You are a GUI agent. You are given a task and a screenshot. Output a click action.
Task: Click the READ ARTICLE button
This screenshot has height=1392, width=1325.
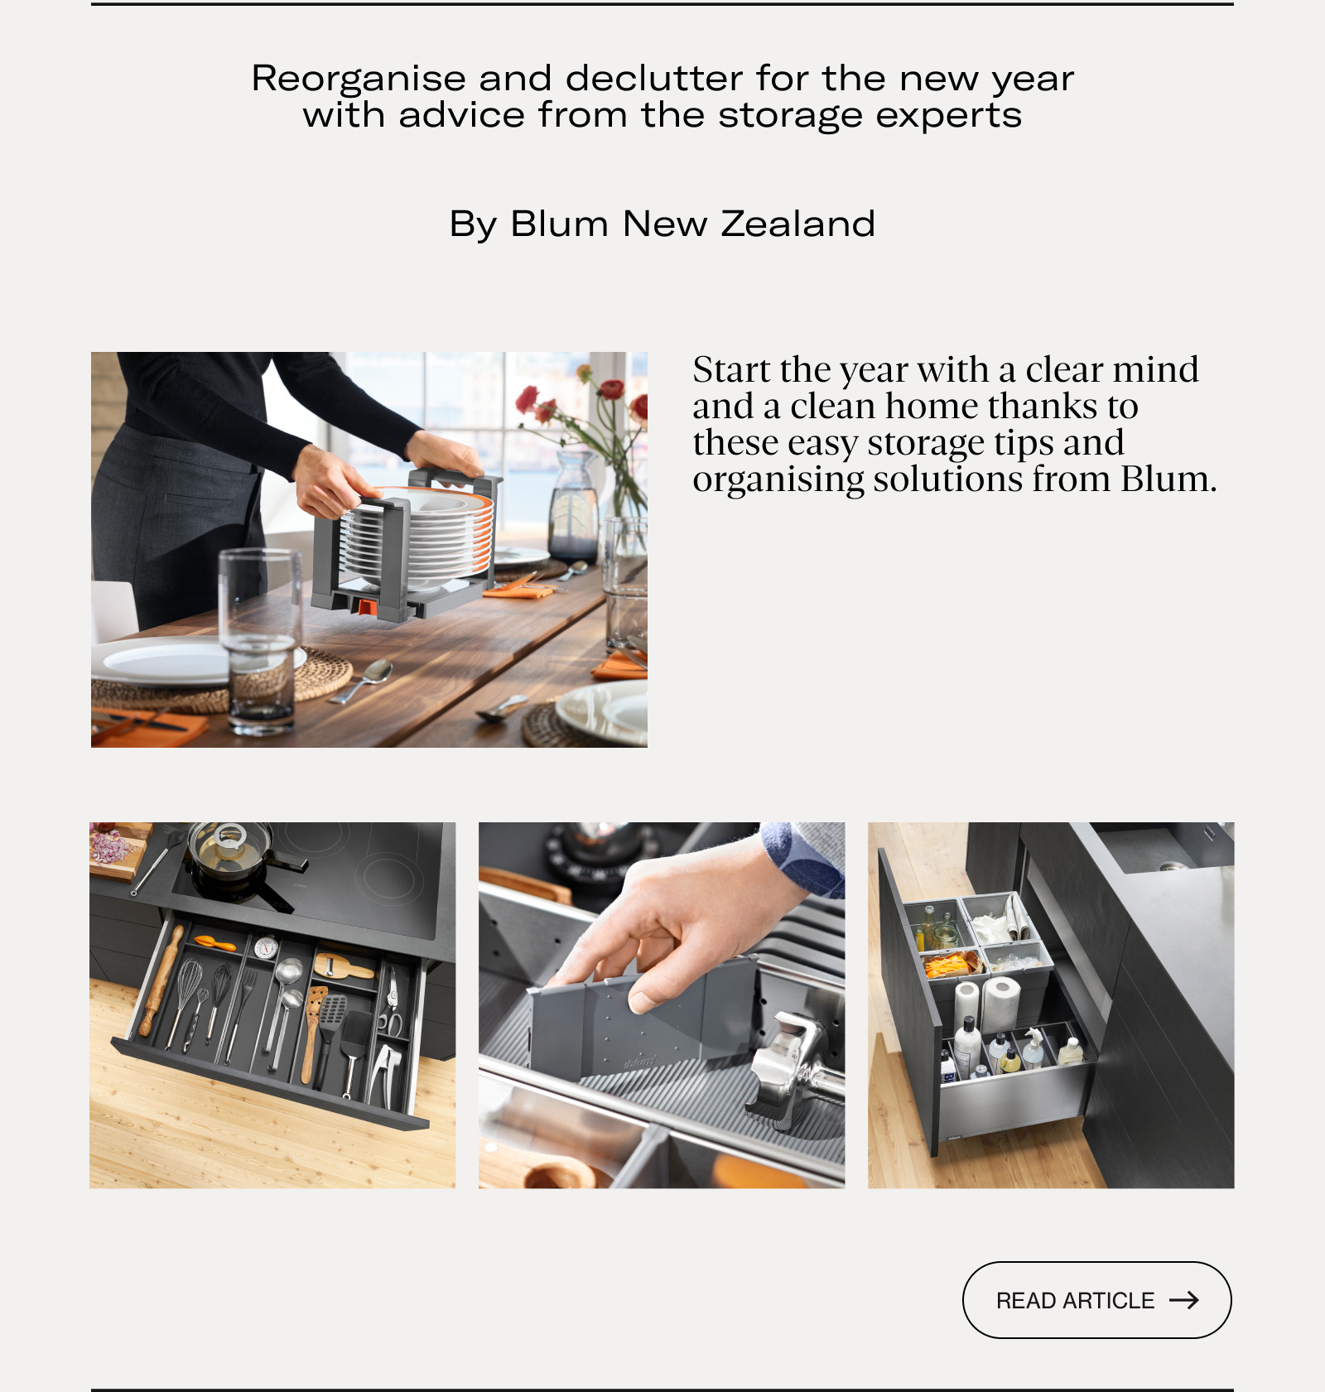coord(1096,1299)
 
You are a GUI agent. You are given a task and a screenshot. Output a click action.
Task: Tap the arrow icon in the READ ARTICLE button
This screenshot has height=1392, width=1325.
coord(1184,1300)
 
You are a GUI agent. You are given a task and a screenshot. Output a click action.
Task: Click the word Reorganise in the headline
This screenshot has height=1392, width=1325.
coord(359,79)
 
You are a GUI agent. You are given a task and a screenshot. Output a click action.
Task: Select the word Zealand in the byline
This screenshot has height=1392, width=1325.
coord(798,224)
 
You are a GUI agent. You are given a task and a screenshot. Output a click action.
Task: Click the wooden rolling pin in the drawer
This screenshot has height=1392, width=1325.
coord(161,980)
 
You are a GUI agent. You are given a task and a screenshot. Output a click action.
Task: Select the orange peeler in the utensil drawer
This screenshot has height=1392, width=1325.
coord(214,942)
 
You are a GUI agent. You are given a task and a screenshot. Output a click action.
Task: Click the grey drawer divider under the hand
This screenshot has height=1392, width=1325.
coord(646,1019)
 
